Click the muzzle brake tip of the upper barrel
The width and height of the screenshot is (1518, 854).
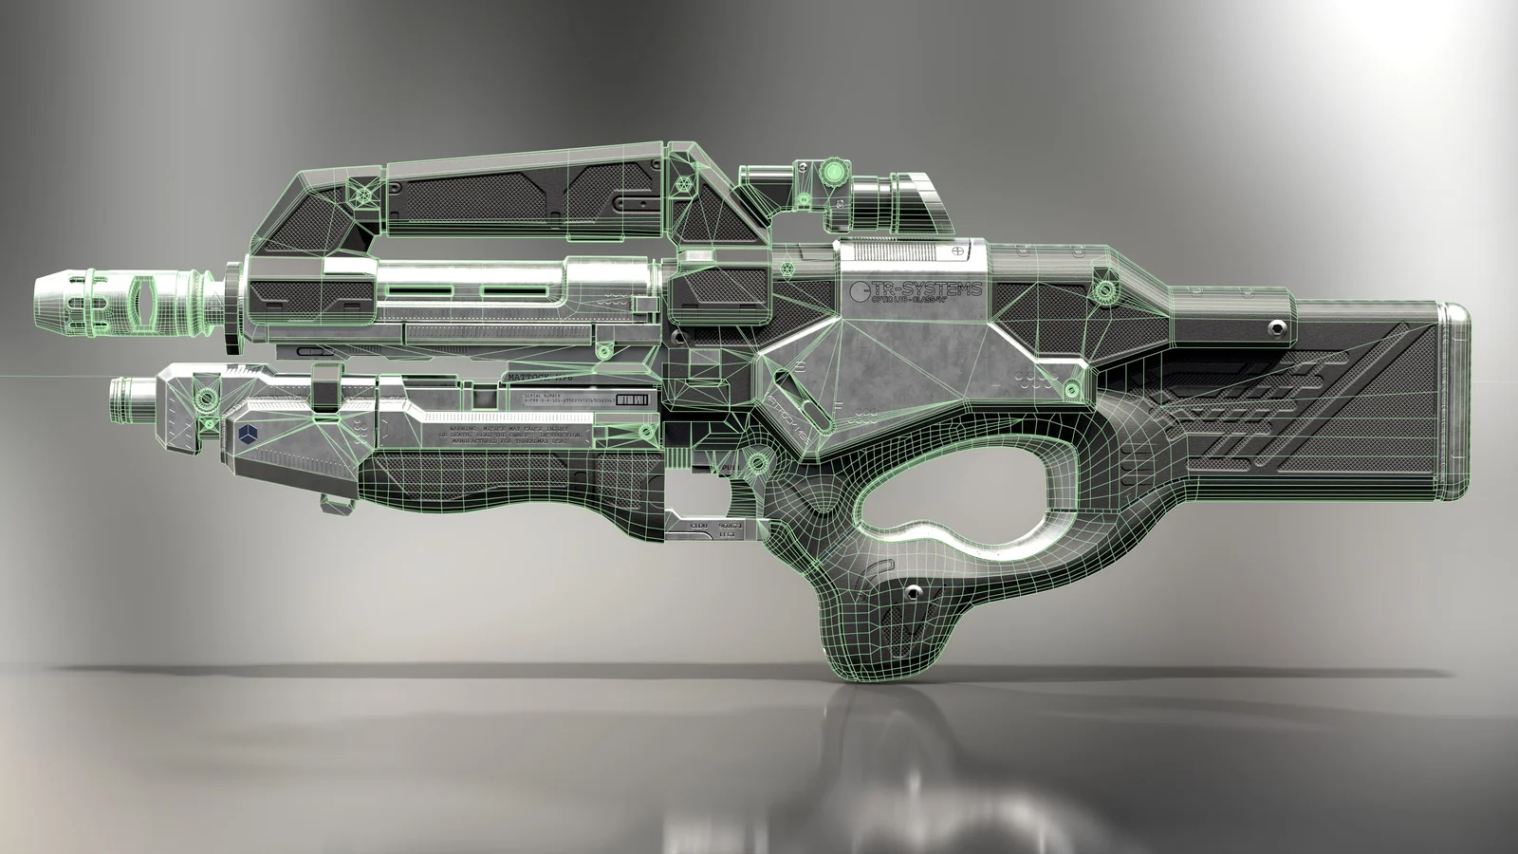(56, 302)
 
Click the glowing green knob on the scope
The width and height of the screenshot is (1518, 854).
(833, 172)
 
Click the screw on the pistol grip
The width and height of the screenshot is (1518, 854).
(913, 592)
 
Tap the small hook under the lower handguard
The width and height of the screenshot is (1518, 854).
(337, 504)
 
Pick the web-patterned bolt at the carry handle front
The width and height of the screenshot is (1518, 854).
(362, 196)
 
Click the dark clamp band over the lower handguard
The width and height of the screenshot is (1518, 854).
(325, 390)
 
